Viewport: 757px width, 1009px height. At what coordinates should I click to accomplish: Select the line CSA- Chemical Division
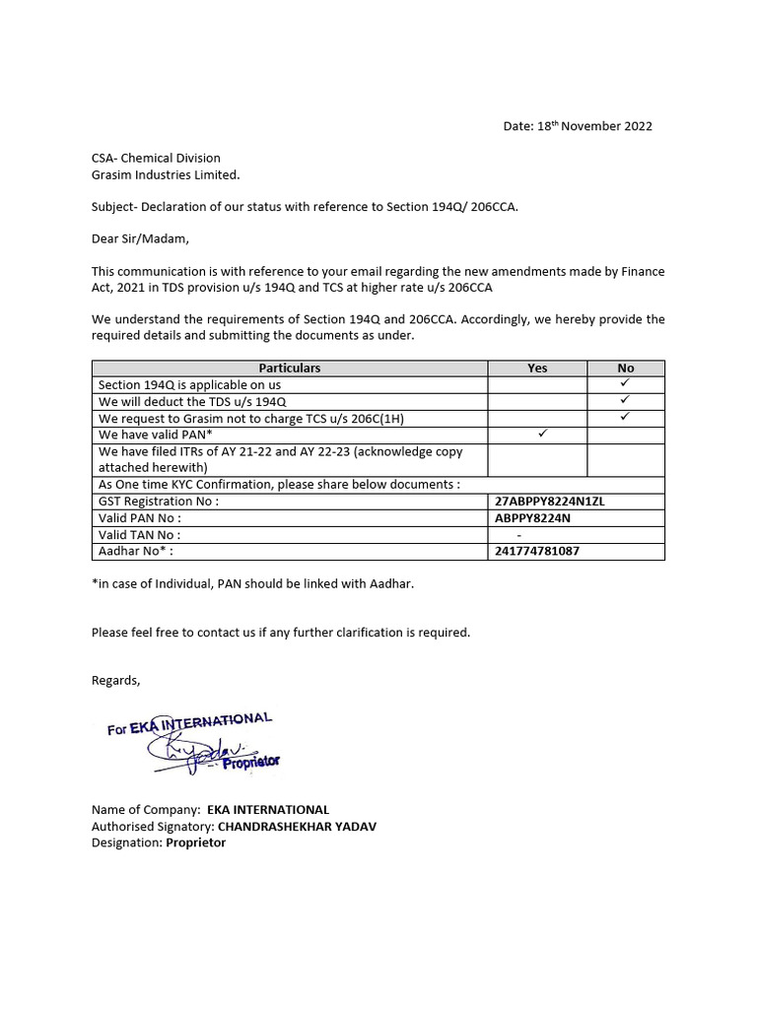tap(156, 158)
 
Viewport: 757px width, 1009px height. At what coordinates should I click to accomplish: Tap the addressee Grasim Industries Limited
tap(166, 174)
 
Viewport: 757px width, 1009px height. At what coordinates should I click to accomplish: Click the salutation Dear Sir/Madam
tap(139, 237)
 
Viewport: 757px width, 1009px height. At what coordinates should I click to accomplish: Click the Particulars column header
tap(290, 368)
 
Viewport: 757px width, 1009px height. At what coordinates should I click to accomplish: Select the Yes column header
tap(537, 368)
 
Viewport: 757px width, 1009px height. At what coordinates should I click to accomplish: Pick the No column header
tap(625, 368)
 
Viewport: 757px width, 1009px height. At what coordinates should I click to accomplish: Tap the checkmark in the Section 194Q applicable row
tap(625, 383)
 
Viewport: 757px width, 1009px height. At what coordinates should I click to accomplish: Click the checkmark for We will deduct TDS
tap(625, 400)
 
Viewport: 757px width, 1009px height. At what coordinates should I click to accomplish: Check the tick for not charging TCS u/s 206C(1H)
tap(625, 417)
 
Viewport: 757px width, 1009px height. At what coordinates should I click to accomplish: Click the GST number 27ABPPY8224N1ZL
tap(549, 501)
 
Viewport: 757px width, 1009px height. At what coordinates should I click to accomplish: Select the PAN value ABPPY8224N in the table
tap(532, 517)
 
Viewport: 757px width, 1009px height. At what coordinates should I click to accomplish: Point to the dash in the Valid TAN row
tap(519, 534)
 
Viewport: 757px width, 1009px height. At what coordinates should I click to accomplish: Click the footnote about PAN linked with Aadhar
tap(252, 583)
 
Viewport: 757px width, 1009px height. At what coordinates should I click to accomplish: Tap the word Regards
tap(116, 680)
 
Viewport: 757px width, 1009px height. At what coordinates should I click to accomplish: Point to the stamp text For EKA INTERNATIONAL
tap(189, 725)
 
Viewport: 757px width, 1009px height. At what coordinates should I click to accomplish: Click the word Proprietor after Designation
tap(196, 842)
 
